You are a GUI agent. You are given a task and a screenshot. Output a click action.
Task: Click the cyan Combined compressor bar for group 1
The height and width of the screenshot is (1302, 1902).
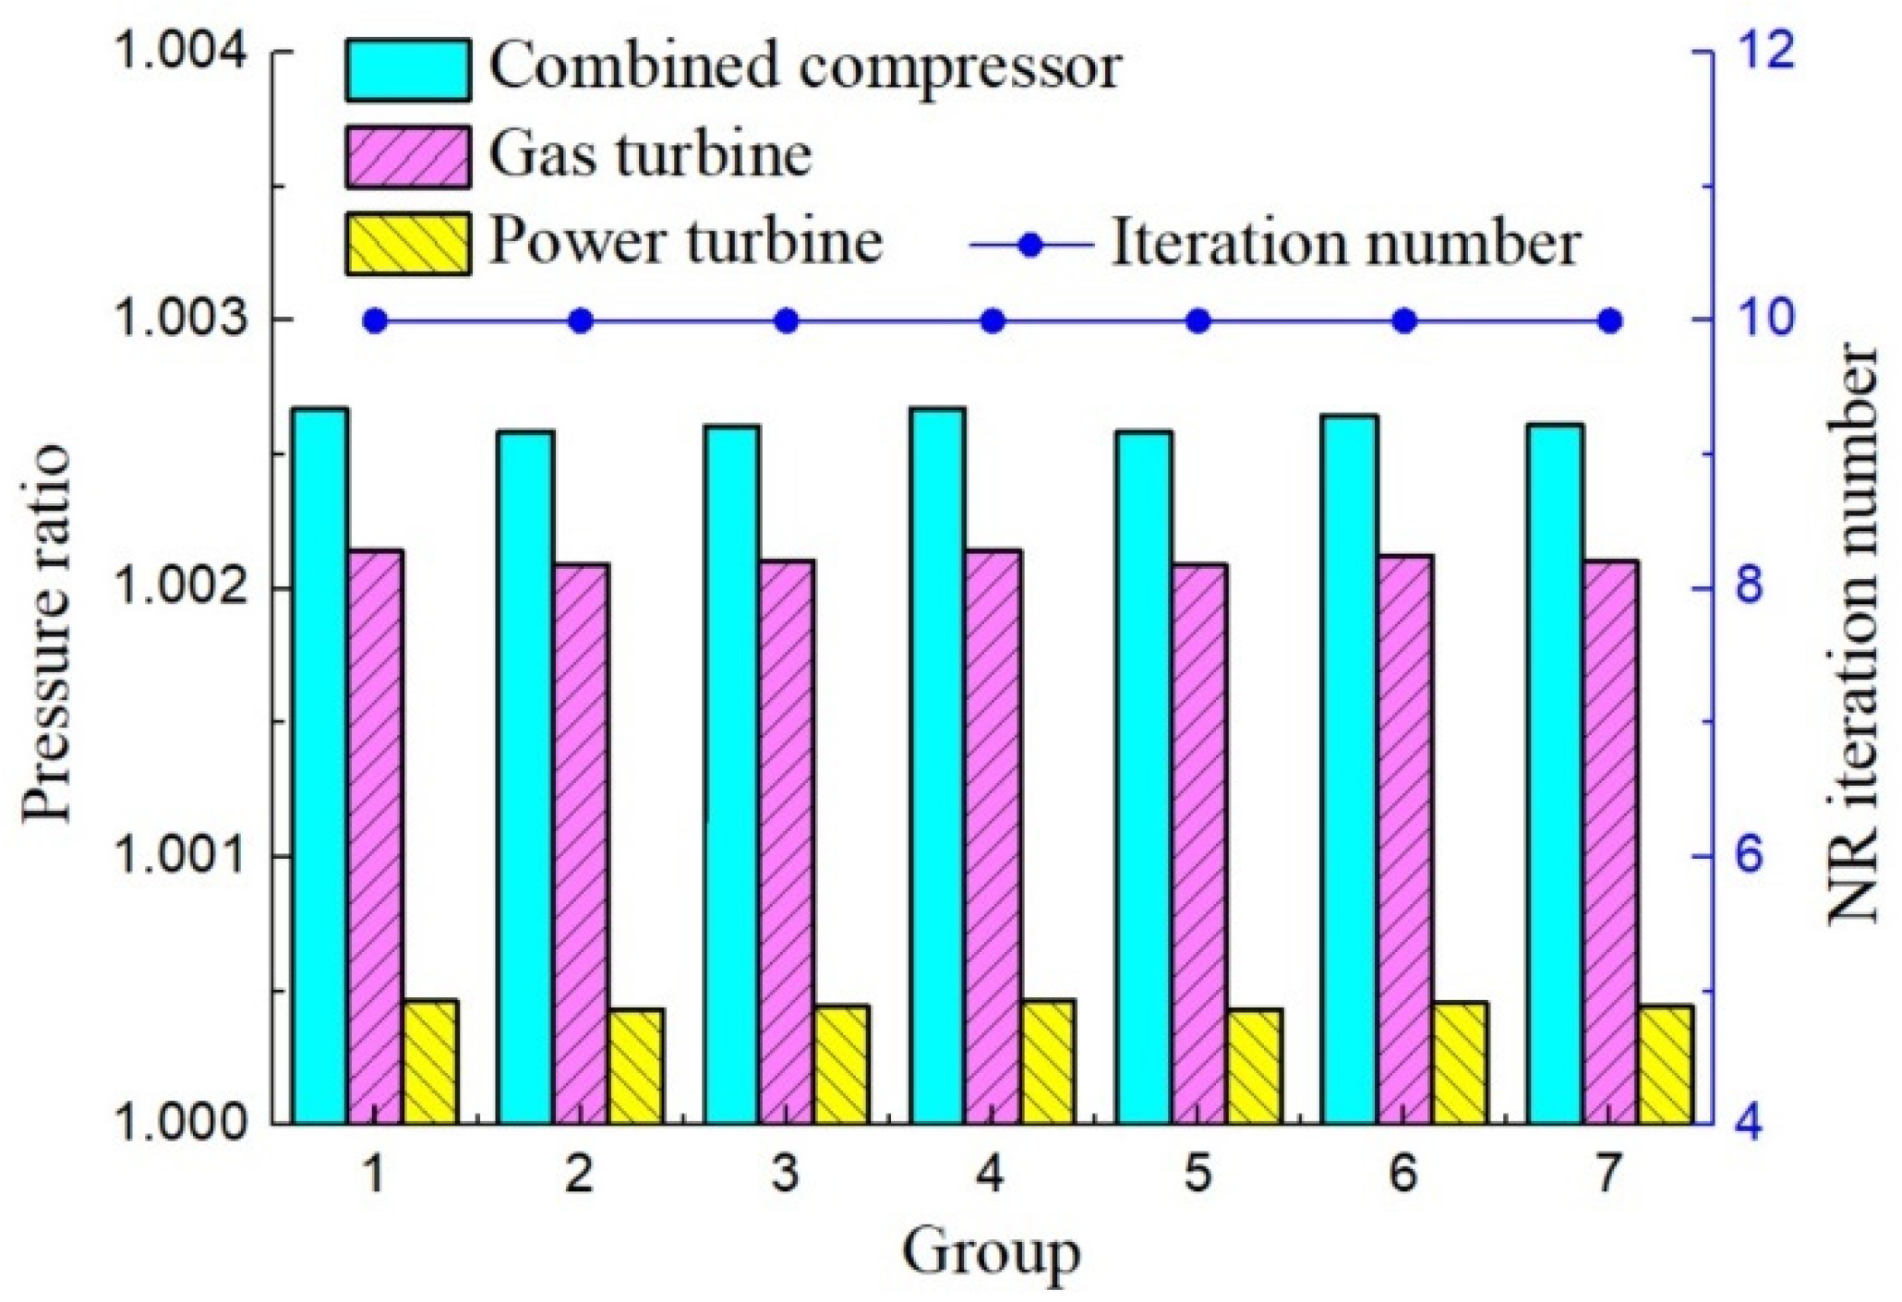pos(320,766)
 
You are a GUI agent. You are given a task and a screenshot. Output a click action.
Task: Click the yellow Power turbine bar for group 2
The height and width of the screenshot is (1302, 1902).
pos(636,1067)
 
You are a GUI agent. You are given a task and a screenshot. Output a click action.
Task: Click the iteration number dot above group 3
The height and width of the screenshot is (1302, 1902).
pos(787,321)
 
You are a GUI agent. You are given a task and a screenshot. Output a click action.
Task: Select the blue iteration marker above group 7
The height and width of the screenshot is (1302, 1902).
pos(1610,321)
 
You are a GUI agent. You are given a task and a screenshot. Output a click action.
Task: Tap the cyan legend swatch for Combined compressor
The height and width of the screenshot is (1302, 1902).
pos(408,69)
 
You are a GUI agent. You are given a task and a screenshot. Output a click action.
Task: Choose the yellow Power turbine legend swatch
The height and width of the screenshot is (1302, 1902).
pos(408,244)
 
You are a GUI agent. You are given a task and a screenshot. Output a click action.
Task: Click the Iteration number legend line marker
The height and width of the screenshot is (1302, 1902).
pos(1032,245)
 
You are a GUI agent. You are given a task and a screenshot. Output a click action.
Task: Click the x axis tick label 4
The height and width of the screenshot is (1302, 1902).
pos(990,1175)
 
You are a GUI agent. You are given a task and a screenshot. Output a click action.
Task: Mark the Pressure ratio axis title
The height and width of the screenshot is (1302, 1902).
pos(46,633)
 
